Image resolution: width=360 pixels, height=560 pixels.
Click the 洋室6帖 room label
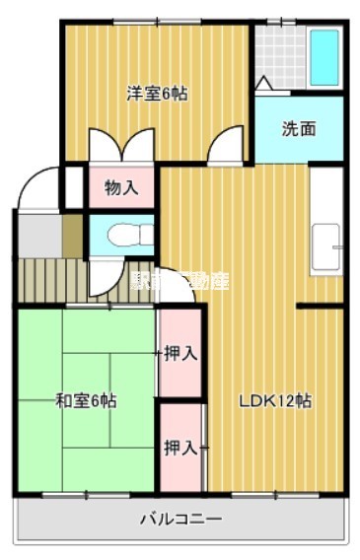(157, 94)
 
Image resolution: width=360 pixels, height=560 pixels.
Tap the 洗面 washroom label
(299, 128)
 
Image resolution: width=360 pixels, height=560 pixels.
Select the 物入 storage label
(121, 187)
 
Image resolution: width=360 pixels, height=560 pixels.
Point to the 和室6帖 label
(86, 400)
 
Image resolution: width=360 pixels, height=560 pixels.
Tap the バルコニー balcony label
(180, 519)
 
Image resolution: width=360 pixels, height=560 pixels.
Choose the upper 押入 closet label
(180, 352)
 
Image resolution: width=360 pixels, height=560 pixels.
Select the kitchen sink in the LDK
(326, 247)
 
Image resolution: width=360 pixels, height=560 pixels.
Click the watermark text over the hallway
(179, 280)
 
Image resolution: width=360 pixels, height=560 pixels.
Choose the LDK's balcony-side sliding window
(274, 492)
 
